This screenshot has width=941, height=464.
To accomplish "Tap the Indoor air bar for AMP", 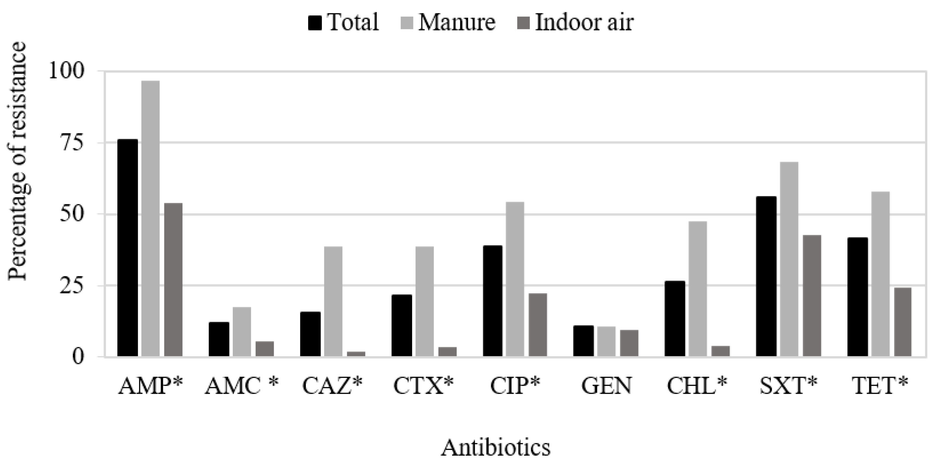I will pyautogui.click(x=173, y=280).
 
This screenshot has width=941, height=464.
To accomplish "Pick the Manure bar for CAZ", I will pyautogui.click(x=333, y=301).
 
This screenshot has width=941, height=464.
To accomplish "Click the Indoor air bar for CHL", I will pyautogui.click(x=720, y=351).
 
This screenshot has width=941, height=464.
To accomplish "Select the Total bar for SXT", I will pyautogui.click(x=766, y=276).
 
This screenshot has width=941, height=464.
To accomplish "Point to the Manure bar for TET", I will pyautogui.click(x=880, y=274).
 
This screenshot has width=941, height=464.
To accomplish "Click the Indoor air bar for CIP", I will pyautogui.click(x=538, y=325).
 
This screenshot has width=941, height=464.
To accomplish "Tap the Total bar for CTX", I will pyautogui.click(x=401, y=325).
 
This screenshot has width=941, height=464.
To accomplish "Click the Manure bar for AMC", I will pyautogui.click(x=242, y=332).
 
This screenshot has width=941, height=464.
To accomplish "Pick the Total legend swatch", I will pyautogui.click(x=315, y=23).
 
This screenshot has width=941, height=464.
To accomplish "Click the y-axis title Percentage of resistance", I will pyautogui.click(x=17, y=161).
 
